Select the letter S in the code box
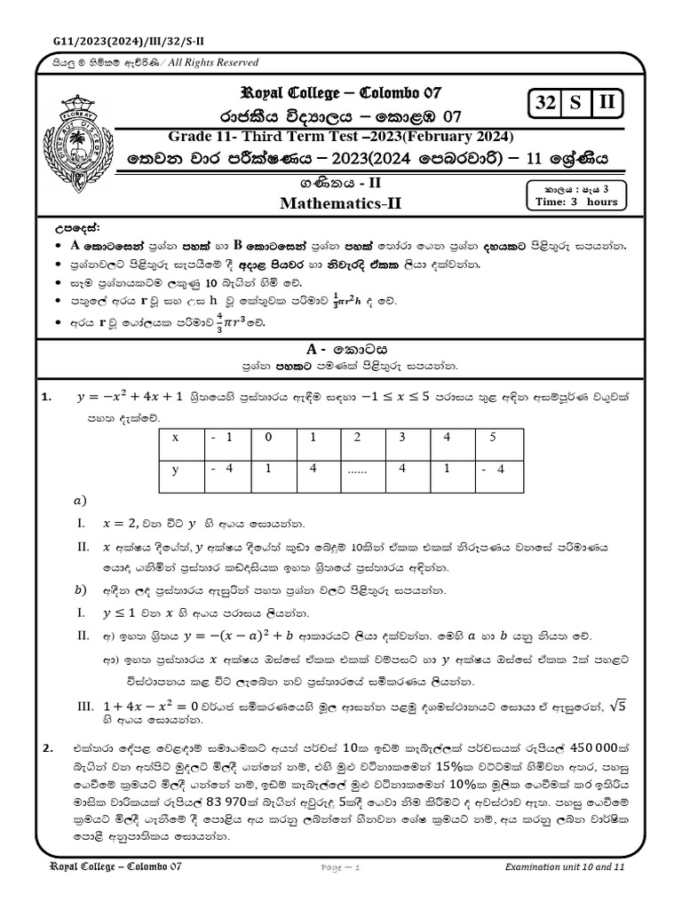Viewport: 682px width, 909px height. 575,103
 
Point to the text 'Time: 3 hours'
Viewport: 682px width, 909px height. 576,202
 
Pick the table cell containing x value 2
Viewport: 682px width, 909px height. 357,438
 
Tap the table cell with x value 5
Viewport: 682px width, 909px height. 493,438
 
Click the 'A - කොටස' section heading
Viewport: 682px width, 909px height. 341,350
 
